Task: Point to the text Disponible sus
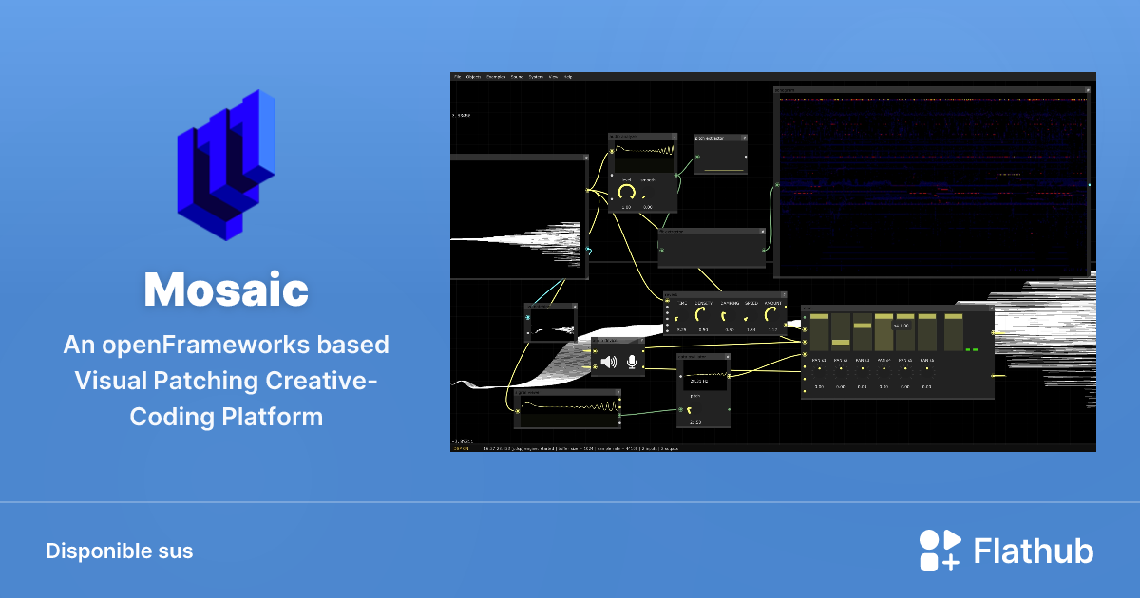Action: pyautogui.click(x=119, y=551)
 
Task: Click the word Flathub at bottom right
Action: pyautogui.click(x=1034, y=551)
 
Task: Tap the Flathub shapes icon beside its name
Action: pyautogui.click(x=939, y=551)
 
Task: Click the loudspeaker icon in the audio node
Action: pyautogui.click(x=608, y=362)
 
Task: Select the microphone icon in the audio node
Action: pyautogui.click(x=631, y=362)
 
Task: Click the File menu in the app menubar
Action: pyautogui.click(x=457, y=76)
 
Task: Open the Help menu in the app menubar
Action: pyautogui.click(x=568, y=76)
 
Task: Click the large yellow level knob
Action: pyautogui.click(x=626, y=193)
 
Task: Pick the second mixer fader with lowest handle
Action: pyautogui.click(x=840, y=343)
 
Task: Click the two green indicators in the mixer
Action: pyautogui.click(x=971, y=349)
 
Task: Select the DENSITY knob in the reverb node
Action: pyautogui.click(x=702, y=314)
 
